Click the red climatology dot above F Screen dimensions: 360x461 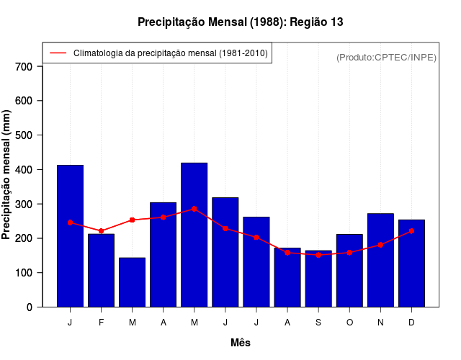point(101,231)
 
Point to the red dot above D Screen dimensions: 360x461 point(411,231)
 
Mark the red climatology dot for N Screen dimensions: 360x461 point(380,245)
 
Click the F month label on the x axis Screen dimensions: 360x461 point(101,323)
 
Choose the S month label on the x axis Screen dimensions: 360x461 point(318,323)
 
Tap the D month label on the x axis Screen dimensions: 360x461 point(411,323)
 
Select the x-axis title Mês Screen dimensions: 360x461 point(241,343)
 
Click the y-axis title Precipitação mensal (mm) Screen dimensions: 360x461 point(7,175)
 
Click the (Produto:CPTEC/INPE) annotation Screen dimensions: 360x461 point(386,57)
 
